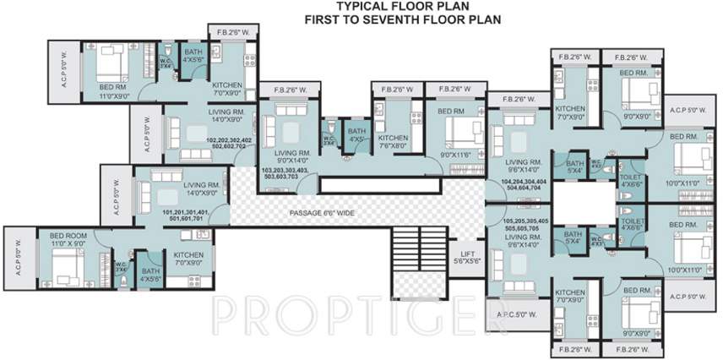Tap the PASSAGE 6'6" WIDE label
[x=321, y=213]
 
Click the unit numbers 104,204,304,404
[x=524, y=186]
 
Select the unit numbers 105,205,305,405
[x=524, y=223]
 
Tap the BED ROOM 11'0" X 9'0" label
[x=68, y=239]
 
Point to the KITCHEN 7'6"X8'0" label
[x=394, y=142]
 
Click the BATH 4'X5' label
[x=357, y=135]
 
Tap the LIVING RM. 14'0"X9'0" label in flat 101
[x=202, y=188]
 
